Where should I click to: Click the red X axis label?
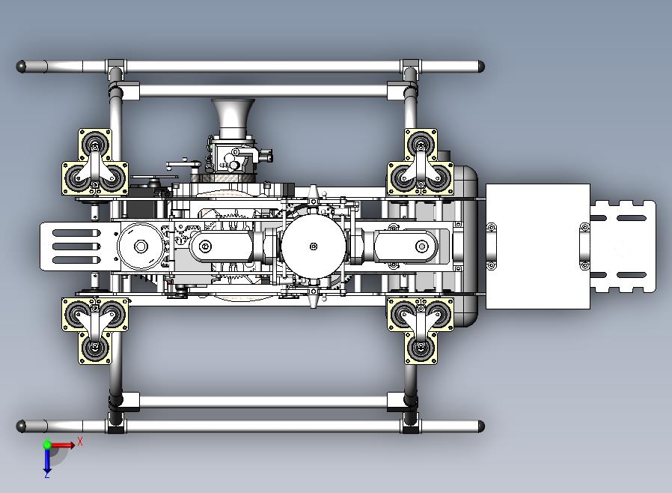tap(80, 441)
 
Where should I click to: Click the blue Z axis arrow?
tap(47, 460)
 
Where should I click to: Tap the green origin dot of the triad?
tap(47, 445)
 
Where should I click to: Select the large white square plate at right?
tap(538, 246)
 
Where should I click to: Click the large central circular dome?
tap(314, 246)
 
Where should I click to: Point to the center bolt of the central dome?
tap(314, 246)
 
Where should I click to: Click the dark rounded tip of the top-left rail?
tap(20, 67)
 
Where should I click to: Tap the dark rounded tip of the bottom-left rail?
tap(20, 426)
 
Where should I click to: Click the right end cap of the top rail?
tap(481, 67)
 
